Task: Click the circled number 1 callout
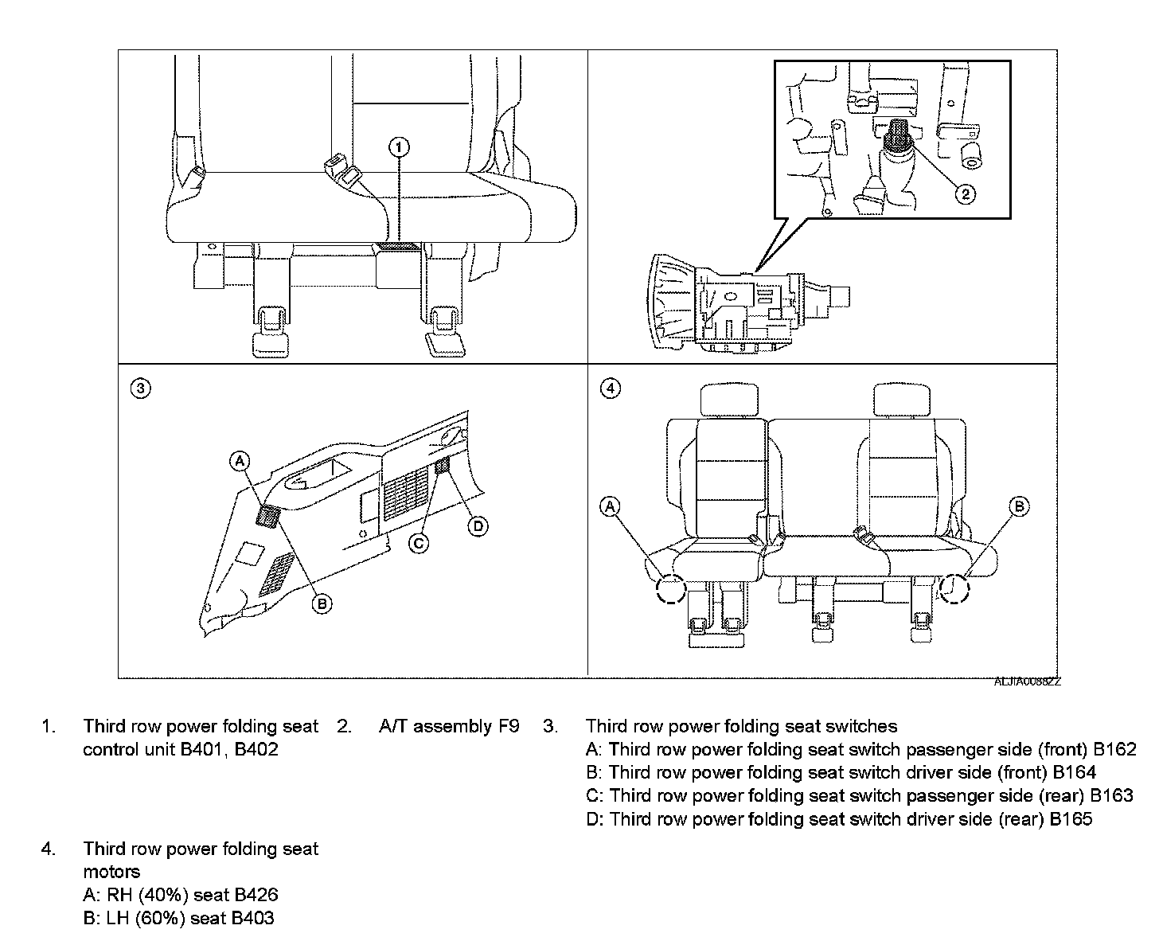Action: click(x=399, y=146)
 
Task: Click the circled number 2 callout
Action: click(x=964, y=193)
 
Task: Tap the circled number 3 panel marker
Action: click(x=140, y=389)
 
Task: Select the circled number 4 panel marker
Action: click(x=611, y=389)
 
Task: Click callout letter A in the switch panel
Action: click(x=240, y=460)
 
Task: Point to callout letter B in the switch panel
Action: click(x=322, y=604)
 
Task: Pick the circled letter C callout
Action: click(x=419, y=543)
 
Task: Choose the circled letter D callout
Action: click(x=478, y=525)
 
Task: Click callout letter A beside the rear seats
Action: click(x=611, y=506)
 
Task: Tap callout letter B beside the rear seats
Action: click(x=1019, y=506)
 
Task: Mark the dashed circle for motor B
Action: click(x=954, y=588)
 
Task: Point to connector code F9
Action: click(x=509, y=726)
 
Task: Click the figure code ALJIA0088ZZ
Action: click(x=1027, y=682)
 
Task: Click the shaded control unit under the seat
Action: click(x=396, y=247)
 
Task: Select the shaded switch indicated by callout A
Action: click(x=267, y=516)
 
